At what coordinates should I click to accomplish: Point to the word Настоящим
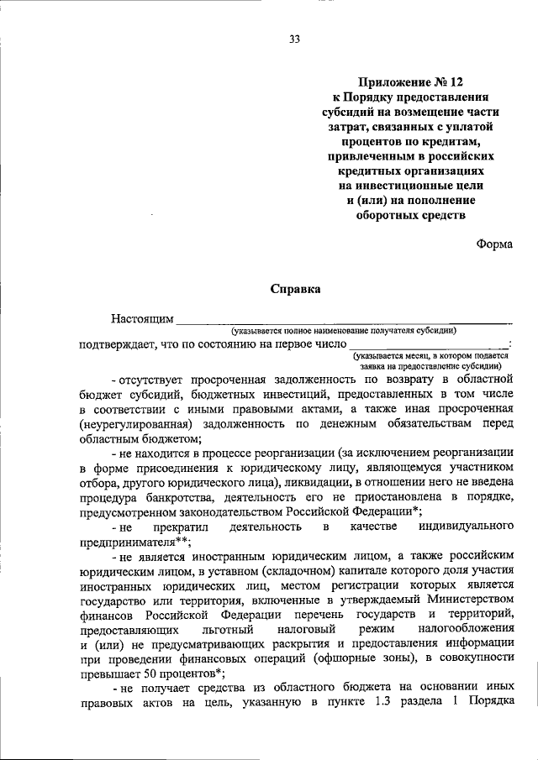tap(142, 319)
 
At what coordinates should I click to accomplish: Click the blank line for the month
tap(428, 343)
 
